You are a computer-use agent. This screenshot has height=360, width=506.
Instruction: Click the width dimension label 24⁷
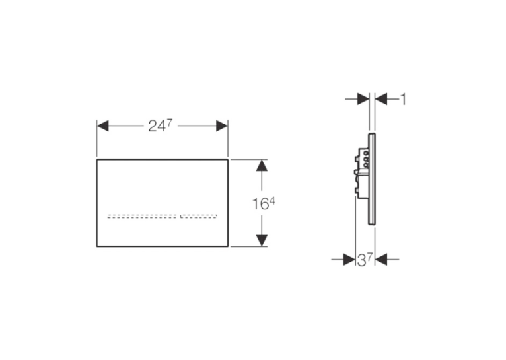[x=161, y=126]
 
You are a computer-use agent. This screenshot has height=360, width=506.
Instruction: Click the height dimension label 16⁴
[x=264, y=204]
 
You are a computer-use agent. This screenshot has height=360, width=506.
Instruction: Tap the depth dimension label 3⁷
[x=365, y=260]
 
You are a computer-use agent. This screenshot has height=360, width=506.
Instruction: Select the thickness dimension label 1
[x=403, y=99]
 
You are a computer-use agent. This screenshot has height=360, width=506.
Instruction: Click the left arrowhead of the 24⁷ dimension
[x=102, y=126]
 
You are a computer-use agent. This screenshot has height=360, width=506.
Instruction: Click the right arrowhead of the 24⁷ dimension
[x=222, y=126]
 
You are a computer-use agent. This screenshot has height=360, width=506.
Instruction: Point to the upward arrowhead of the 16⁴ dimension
[x=262, y=165]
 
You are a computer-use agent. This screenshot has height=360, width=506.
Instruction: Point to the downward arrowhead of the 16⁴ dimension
[x=262, y=240]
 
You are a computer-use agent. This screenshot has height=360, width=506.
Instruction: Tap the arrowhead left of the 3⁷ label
[x=349, y=259]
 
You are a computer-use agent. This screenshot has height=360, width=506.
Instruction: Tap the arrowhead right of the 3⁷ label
[x=380, y=259]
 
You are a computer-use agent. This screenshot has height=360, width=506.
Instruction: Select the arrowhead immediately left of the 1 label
[x=380, y=99]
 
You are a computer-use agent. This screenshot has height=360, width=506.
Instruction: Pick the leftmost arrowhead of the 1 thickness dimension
[x=363, y=99]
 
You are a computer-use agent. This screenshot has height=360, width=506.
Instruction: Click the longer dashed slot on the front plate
[x=142, y=216]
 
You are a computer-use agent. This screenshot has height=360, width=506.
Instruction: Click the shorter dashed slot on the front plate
[x=198, y=216]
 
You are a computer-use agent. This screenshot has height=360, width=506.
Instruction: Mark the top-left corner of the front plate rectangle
[x=97, y=159]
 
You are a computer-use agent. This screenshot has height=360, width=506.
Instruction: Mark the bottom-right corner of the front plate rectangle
[x=228, y=247]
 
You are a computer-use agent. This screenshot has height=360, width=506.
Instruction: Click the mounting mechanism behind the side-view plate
[x=362, y=172]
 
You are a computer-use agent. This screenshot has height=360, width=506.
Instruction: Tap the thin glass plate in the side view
[x=372, y=179]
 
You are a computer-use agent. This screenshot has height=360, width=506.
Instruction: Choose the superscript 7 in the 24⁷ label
[x=170, y=123]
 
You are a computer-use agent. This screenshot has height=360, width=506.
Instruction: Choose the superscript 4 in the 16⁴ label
[x=272, y=201]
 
